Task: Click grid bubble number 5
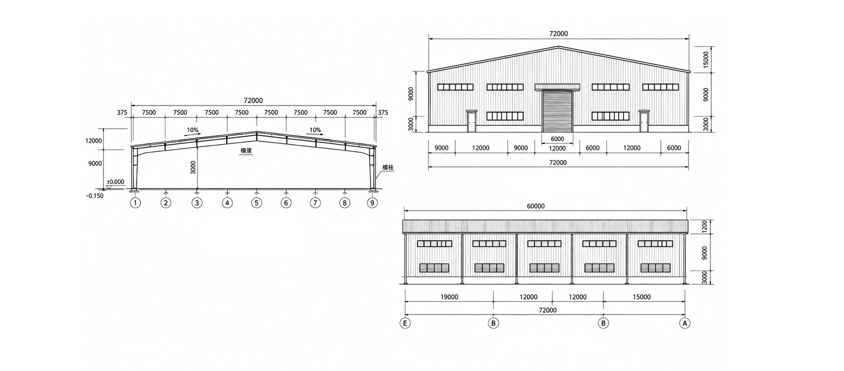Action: coord(256,203)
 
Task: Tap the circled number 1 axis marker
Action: coord(135,203)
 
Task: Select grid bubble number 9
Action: coord(372,203)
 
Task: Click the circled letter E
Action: coord(405,323)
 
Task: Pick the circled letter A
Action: coord(684,323)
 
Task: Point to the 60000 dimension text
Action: coord(536,206)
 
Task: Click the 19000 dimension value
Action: coord(449,297)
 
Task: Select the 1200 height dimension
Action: coord(704,226)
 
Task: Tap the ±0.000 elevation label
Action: coord(115,182)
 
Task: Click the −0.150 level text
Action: coord(95,196)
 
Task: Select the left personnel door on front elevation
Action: coord(472,121)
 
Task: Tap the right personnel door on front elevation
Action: coord(644,121)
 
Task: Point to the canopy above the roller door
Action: coord(557,87)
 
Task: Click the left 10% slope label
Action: coord(192,130)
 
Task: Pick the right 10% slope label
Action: coord(315,130)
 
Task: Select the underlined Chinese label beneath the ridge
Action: coord(246,151)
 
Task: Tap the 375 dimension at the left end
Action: coord(122,112)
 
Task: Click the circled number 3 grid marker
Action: coord(197,203)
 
